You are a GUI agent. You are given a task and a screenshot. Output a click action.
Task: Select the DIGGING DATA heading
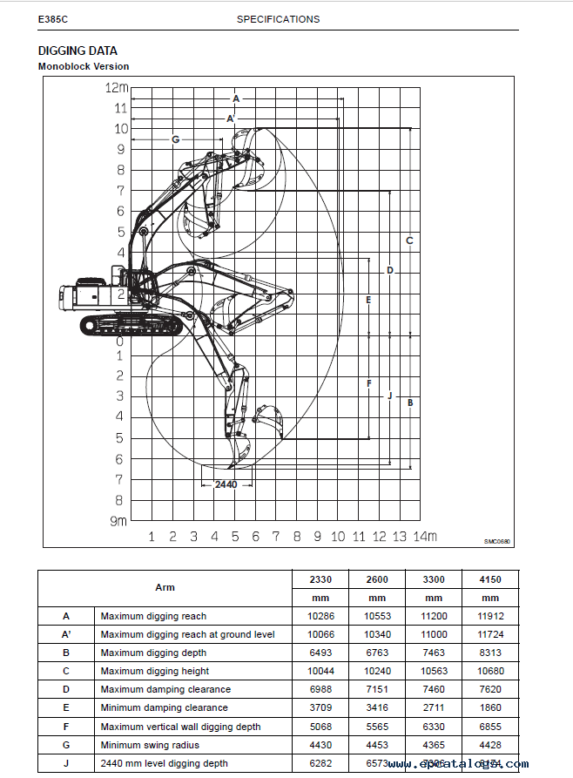(x=78, y=51)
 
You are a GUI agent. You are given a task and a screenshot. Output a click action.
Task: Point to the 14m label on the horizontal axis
(x=425, y=537)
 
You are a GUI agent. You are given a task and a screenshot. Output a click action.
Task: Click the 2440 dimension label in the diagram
(x=226, y=484)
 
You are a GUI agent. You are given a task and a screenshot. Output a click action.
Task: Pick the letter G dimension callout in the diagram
(x=175, y=139)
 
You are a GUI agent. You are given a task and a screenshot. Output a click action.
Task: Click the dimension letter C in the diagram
(x=409, y=240)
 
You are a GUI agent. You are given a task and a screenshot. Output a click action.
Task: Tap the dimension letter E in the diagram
(x=368, y=300)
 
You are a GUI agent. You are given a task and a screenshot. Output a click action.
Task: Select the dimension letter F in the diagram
(x=368, y=383)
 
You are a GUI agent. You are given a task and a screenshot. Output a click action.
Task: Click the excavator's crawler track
(x=131, y=325)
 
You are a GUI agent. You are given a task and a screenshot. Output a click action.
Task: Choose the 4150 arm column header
(x=490, y=579)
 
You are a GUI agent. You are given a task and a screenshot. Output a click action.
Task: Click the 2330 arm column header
(x=320, y=579)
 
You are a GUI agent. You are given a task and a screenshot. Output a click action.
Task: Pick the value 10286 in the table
(x=320, y=616)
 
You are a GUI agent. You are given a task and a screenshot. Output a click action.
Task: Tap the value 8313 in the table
(x=490, y=653)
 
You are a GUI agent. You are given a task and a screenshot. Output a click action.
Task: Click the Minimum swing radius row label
(x=150, y=745)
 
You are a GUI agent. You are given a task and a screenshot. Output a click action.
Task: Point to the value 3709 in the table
(x=320, y=707)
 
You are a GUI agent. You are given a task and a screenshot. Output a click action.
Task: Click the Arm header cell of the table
(x=165, y=587)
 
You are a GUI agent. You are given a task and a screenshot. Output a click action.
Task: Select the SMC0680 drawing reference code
(x=498, y=541)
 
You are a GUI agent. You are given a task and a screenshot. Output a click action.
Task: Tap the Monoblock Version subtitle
(x=84, y=66)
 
